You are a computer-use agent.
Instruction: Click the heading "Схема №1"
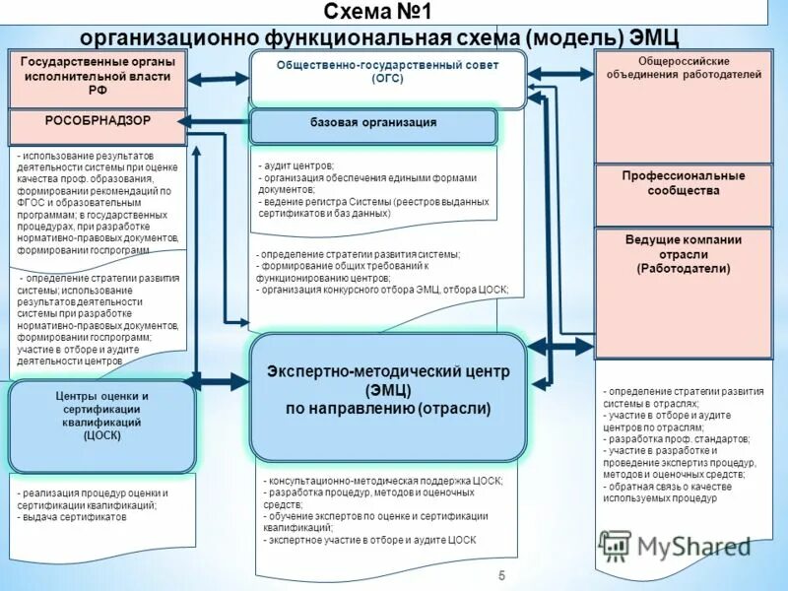coord(379,13)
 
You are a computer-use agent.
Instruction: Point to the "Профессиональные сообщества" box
coord(684,184)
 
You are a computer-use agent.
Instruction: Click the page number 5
coord(501,575)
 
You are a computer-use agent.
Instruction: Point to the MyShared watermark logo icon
coord(615,546)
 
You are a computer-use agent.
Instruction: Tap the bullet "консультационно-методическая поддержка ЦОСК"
coord(384,481)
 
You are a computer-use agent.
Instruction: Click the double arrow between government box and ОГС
coord(218,78)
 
